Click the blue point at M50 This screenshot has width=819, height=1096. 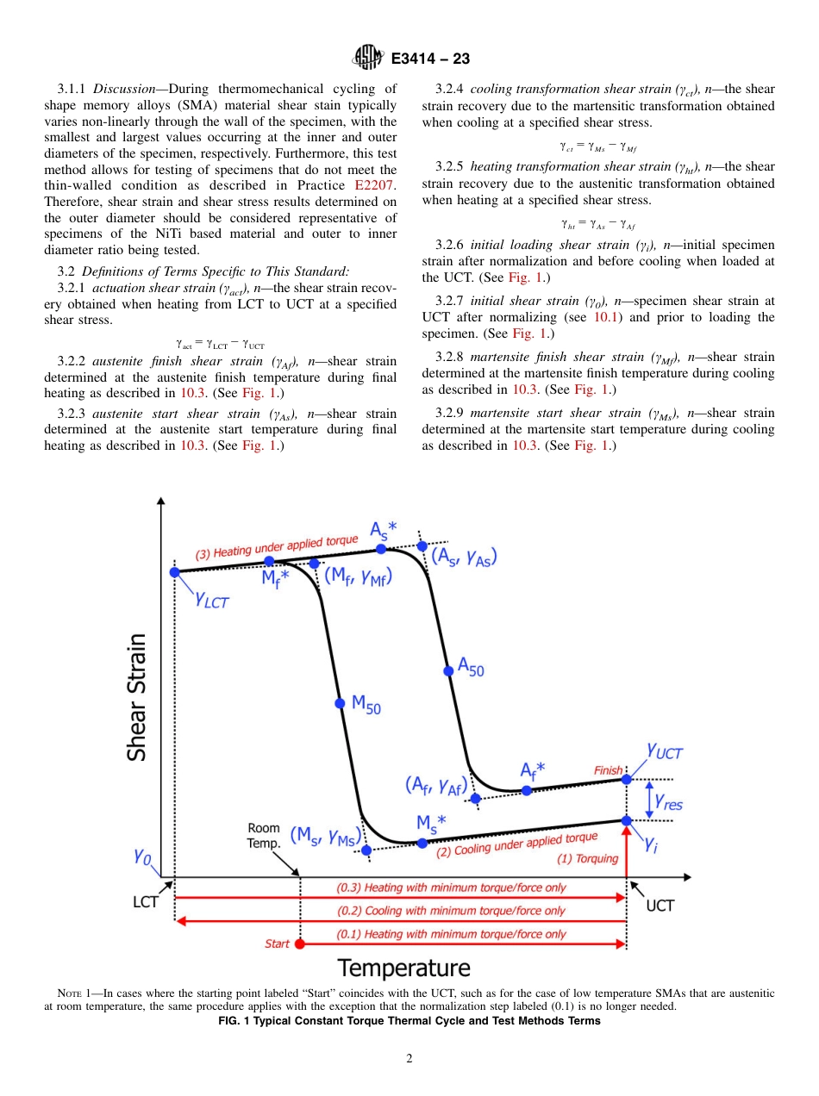[x=340, y=703]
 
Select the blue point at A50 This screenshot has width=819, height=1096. [x=447, y=670]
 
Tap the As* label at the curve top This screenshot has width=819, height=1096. [x=384, y=528]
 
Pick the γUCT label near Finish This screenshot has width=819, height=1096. [x=664, y=751]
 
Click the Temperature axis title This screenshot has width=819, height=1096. [x=403, y=968]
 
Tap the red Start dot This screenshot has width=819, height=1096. [x=300, y=943]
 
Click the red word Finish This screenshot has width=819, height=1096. [x=608, y=769]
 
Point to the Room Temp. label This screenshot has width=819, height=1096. [x=264, y=836]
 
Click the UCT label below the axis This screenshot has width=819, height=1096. [x=660, y=906]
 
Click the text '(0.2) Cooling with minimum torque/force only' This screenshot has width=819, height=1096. [x=451, y=911]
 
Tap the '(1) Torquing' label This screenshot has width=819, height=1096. [x=587, y=858]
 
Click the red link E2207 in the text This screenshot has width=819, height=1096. [x=375, y=185]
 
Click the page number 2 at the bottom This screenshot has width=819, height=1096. [x=409, y=1059]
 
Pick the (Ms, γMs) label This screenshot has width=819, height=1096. [x=323, y=836]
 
